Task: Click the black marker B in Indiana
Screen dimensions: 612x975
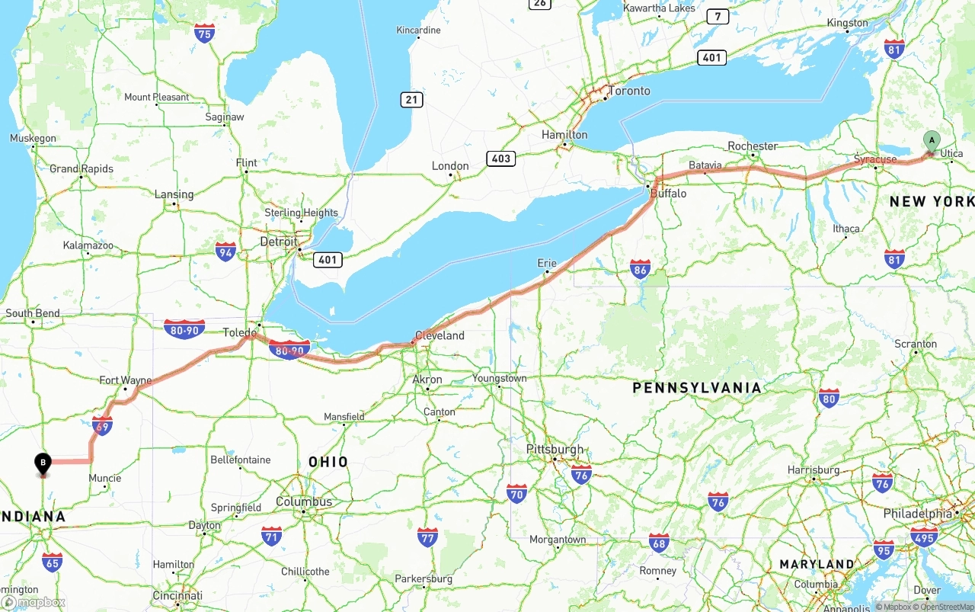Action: [x=43, y=463]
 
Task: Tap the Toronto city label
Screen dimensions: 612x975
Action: [x=628, y=91]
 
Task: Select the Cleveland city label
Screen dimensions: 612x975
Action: [x=440, y=335]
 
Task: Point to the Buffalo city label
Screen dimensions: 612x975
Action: [x=668, y=194]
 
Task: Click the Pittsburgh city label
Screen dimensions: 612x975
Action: [x=555, y=449]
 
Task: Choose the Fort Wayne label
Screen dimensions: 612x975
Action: [x=126, y=380]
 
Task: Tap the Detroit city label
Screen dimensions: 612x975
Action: [x=279, y=242]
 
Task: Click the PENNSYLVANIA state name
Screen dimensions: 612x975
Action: [x=696, y=388]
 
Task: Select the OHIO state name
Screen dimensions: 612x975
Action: [x=328, y=462]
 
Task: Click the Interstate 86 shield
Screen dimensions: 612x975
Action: [x=641, y=268]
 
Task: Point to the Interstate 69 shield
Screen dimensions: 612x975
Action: [x=102, y=425]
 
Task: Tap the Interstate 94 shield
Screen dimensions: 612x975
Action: [x=225, y=252]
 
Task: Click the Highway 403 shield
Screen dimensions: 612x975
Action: [x=500, y=159]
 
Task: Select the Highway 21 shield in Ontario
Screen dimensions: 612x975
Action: [x=411, y=100]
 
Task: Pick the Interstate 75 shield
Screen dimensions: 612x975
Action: [x=204, y=33]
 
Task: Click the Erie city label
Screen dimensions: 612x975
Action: [x=547, y=263]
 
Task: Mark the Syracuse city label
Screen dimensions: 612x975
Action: [x=874, y=159]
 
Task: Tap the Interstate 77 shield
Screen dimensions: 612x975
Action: [x=427, y=537]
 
